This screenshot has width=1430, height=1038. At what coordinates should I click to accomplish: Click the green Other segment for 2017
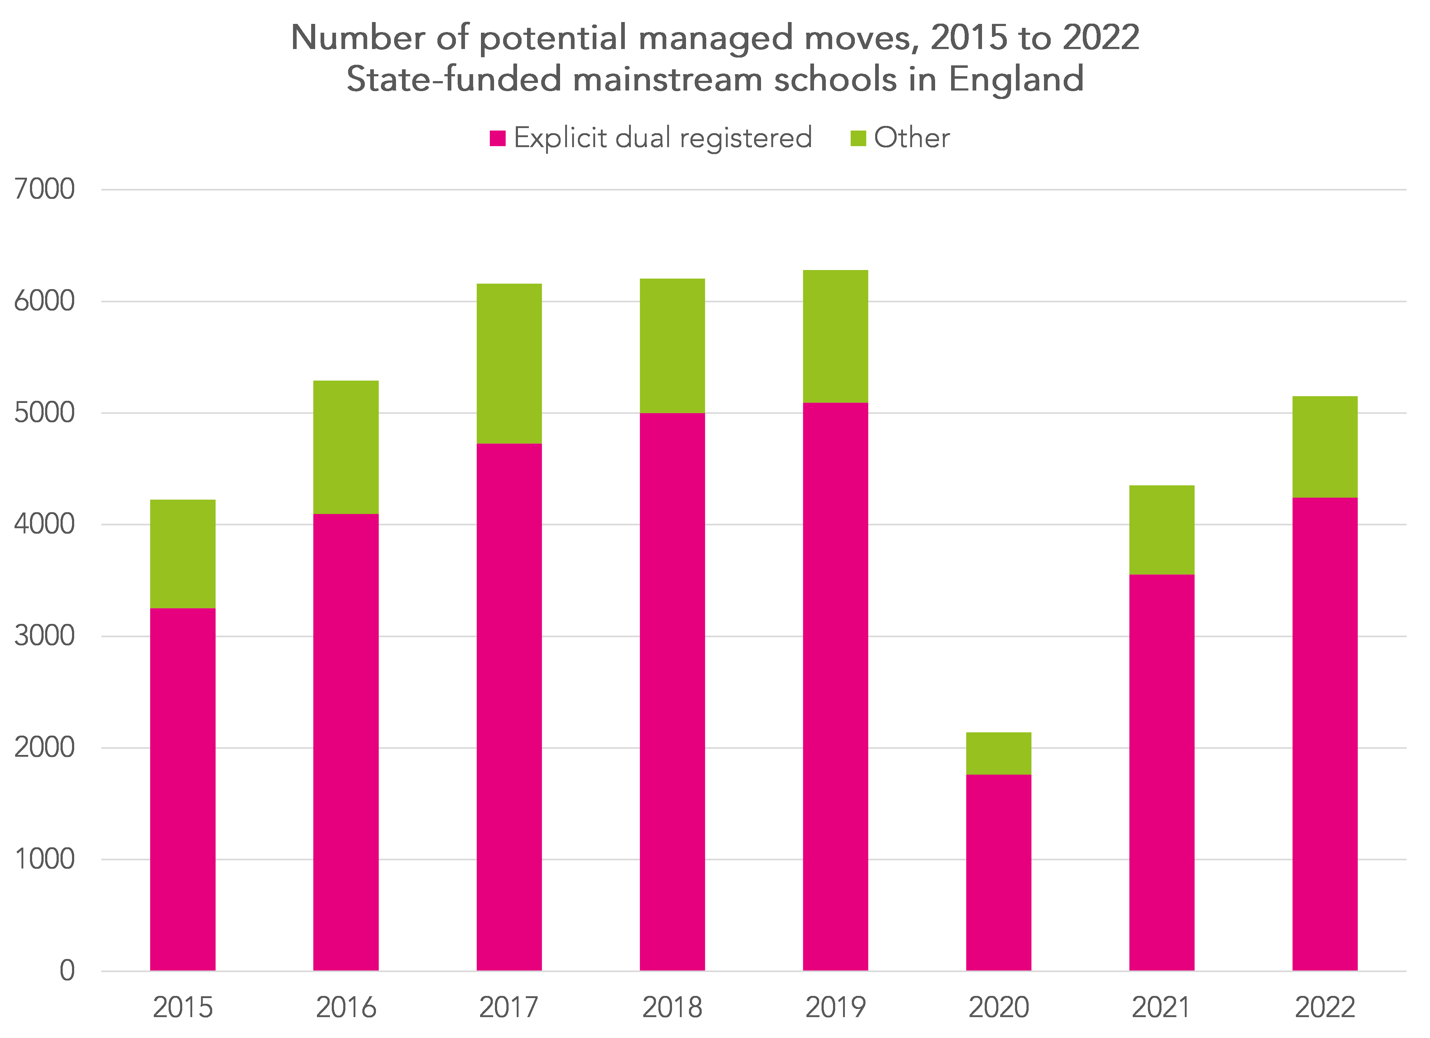tap(509, 364)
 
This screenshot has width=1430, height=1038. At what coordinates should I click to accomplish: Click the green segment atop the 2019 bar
tap(835, 336)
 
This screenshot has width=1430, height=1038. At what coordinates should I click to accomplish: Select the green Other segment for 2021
tap(1161, 530)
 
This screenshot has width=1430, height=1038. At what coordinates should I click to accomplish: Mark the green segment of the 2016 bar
tap(346, 447)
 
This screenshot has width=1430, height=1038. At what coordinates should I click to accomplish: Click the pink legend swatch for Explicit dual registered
tap(497, 138)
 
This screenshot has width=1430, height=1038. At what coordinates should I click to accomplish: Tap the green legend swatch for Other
tap(858, 138)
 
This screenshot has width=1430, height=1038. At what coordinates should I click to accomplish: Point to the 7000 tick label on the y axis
tap(44, 189)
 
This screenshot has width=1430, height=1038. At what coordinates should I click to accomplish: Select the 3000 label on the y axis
tap(44, 636)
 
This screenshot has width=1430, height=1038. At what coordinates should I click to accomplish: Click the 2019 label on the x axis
tap(835, 1007)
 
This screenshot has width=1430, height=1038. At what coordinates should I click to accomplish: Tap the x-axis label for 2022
tap(1325, 1007)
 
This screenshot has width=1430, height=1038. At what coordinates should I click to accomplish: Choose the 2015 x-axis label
tap(183, 1007)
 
